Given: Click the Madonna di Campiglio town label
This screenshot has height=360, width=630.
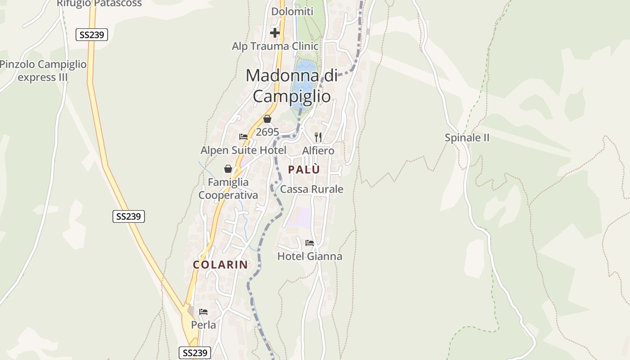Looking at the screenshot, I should (x=291, y=85).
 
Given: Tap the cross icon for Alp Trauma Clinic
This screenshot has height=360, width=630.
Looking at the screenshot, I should (x=275, y=33).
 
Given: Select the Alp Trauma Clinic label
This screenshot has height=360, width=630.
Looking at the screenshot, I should (x=275, y=46).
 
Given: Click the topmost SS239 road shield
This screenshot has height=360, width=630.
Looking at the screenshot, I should (x=92, y=35).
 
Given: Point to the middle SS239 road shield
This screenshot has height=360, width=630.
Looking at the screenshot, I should (x=128, y=216).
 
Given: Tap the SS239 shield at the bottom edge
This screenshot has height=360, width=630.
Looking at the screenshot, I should (x=195, y=353).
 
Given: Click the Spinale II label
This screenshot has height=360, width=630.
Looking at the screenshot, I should (x=467, y=138).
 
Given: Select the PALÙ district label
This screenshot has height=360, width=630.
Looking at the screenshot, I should (x=304, y=170).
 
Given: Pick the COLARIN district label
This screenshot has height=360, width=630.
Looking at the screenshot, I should (x=220, y=265).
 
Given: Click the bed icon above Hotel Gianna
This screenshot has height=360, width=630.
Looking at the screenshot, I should (x=310, y=243).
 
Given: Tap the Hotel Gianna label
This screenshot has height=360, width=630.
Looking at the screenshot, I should (x=310, y=256).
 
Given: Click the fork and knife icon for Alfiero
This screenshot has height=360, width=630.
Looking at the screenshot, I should (x=318, y=137).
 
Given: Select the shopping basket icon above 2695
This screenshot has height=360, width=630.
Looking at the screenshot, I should (x=267, y=119).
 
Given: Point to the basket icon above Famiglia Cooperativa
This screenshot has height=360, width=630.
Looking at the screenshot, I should (x=228, y=169).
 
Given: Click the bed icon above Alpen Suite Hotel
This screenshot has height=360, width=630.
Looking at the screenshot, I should (x=243, y=137).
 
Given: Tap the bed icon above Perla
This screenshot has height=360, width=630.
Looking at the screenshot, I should (x=203, y=311).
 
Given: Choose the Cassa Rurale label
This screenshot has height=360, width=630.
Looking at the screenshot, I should (x=311, y=189).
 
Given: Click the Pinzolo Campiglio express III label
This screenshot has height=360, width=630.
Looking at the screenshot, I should (x=43, y=71).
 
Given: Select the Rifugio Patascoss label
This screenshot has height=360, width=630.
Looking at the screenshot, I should (x=99, y=4).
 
